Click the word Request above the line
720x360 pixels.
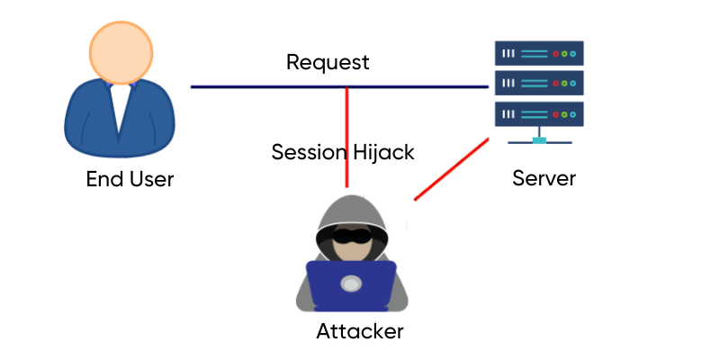pyautogui.click(x=328, y=63)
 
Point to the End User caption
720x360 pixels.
pyautogui.click(x=130, y=179)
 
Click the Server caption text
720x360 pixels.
pyautogui.click(x=544, y=178)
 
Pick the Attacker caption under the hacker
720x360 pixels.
pyautogui.click(x=360, y=331)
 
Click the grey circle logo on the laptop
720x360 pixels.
pyautogui.click(x=351, y=283)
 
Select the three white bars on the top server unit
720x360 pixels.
pyautogui.click(x=508, y=53)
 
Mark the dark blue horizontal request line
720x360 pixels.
pyautogui.click(x=270, y=87)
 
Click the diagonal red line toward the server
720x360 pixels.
pyautogui.click(x=450, y=169)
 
